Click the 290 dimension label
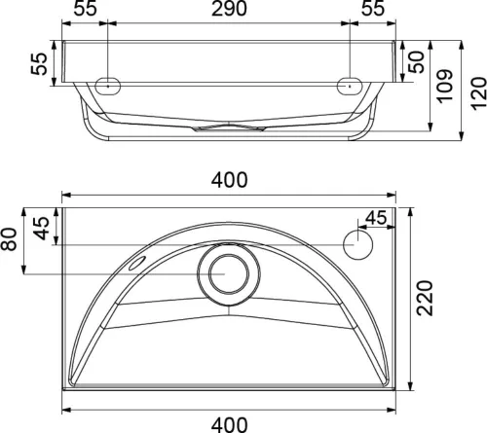coord(229,9)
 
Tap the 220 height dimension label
coord(425,298)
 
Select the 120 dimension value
coord(478,93)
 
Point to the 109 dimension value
coord(444,87)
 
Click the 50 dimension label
coord(417,62)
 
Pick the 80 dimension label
coord(9,239)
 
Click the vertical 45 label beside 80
coord(42,228)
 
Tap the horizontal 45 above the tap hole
coord(376,218)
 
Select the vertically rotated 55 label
coord(39,64)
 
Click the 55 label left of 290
coord(85,9)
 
